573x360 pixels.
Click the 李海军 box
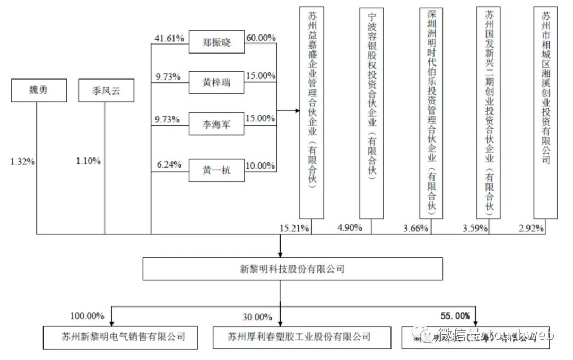(x=216, y=126)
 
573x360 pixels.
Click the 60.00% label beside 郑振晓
(x=261, y=38)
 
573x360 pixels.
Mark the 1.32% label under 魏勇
(x=22, y=161)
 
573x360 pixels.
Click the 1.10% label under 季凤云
(x=88, y=161)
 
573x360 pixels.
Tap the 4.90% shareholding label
(x=350, y=228)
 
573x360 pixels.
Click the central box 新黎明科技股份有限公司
(x=292, y=269)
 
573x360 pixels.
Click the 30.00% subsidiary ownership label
(x=257, y=317)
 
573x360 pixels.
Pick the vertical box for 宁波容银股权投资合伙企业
(x=371, y=113)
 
